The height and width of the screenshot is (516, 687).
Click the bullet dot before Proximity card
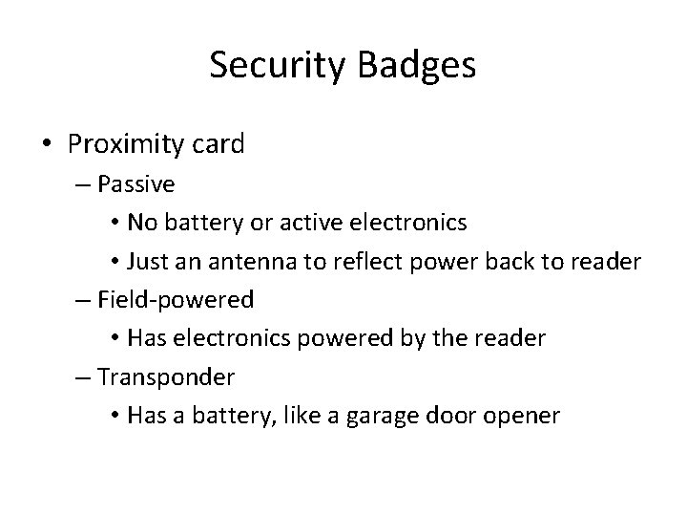pos(47,144)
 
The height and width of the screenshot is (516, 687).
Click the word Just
pos(149,262)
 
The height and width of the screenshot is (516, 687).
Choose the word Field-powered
pos(176,300)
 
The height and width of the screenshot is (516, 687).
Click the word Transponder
pos(166,377)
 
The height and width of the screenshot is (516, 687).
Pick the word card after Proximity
pos(219,144)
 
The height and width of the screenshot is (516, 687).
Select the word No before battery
pos(144,223)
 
